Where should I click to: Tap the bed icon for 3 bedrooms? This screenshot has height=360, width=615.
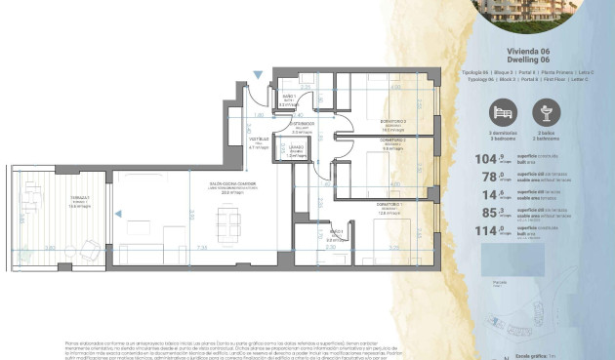[x=504, y=110]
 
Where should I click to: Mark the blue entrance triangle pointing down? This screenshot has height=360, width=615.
[x=257, y=75]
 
